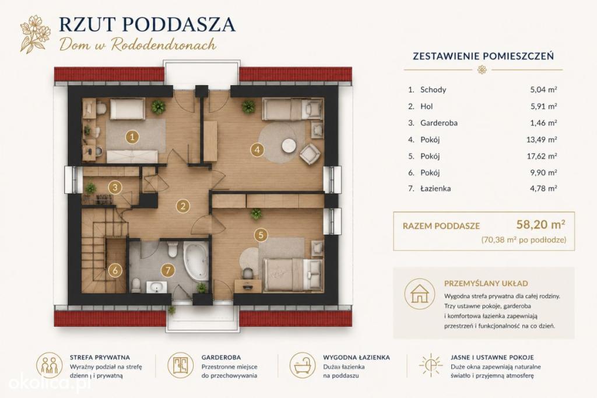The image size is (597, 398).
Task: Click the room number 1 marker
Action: [x=132, y=137]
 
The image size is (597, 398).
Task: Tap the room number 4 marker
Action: [x=257, y=150]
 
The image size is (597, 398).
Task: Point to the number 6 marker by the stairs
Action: [x=115, y=270]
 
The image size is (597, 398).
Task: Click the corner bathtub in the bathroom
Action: [x=195, y=260]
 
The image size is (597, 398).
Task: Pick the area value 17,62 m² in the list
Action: [x=542, y=156]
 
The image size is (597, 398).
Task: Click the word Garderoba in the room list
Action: [x=438, y=123]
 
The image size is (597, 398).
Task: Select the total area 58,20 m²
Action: [x=540, y=224]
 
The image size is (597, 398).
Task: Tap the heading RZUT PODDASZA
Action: [x=148, y=24]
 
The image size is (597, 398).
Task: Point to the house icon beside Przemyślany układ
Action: [x=419, y=294]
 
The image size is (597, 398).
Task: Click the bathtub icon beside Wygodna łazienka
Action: [x=303, y=365]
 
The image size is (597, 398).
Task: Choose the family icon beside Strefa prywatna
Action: [x=49, y=365]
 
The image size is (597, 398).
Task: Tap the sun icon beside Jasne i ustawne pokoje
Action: [x=431, y=365]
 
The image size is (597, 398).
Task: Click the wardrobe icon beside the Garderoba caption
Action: [x=181, y=365]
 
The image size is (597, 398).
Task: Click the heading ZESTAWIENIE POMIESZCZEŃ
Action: [x=483, y=56]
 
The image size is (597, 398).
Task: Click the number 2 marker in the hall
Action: [x=182, y=206]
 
